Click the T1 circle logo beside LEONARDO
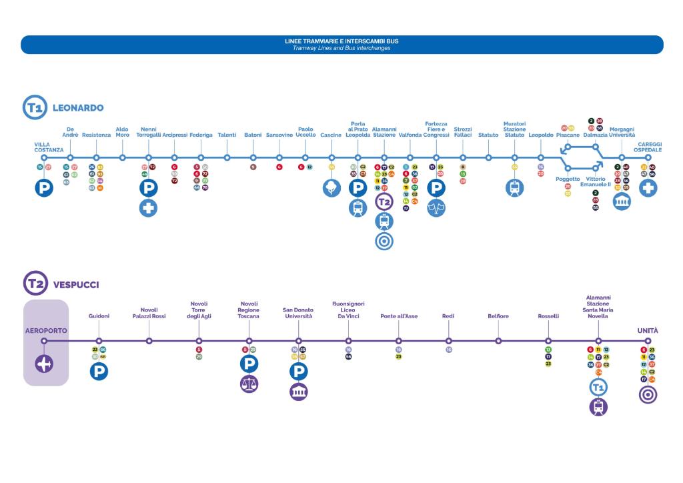coord(35,107)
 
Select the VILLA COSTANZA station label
coord(49,147)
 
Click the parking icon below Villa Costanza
coord(44,188)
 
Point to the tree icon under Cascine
coord(331,187)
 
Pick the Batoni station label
coord(253,135)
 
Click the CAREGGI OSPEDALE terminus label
coord(648,147)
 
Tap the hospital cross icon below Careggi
coord(648,188)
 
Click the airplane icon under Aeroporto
coord(44,364)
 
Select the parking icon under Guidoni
coord(99,372)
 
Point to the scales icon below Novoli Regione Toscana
coord(249,384)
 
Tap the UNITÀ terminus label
coord(647,330)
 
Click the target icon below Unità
coord(648,395)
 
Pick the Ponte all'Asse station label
coord(399,316)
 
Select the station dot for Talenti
coord(227,158)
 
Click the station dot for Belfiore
coord(498,341)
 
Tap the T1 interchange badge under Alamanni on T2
coord(598,387)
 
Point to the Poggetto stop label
coord(568,179)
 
